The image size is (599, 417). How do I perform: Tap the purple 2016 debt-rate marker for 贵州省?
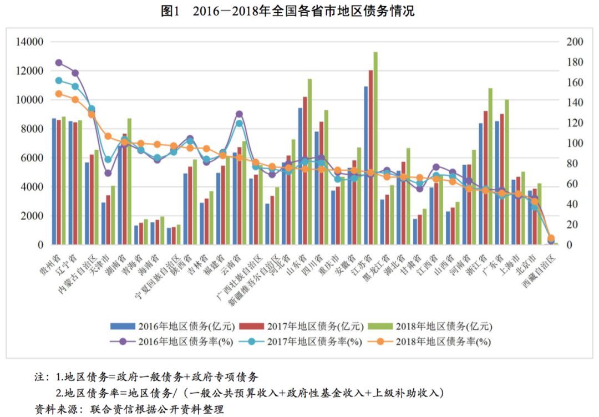(59, 63)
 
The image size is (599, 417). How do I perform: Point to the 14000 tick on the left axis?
(31, 42)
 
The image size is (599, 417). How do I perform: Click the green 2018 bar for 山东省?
(310, 162)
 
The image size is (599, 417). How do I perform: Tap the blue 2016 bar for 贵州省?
(54, 181)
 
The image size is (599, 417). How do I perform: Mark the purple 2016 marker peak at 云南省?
(239, 114)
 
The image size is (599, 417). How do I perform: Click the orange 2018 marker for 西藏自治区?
(551, 238)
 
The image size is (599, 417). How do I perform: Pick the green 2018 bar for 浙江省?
(490, 166)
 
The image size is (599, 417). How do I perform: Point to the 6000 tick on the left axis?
(33, 158)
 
